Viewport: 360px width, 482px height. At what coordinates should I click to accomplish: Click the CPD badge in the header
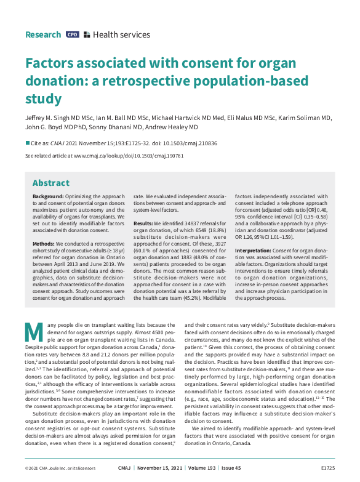(x=73, y=35)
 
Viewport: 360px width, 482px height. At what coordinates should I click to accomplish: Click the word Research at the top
(x=43, y=35)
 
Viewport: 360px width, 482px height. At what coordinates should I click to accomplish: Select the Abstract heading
(x=50, y=183)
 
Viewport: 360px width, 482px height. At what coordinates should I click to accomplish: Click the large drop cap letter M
(x=34, y=332)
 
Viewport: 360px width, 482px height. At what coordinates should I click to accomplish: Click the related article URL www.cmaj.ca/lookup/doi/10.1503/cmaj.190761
(x=129, y=156)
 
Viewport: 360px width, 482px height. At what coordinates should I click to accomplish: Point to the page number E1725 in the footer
(x=327, y=468)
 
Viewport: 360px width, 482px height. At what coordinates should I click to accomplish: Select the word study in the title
(x=43, y=99)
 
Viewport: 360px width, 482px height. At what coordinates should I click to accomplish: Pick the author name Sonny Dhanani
(x=118, y=127)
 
